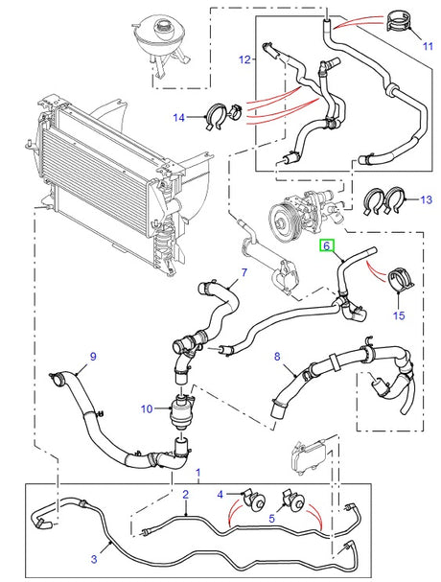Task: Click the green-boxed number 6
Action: pos(327,246)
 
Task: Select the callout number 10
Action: pos(147,408)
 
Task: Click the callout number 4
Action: pos(220,494)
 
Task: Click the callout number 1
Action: pos(198,474)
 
